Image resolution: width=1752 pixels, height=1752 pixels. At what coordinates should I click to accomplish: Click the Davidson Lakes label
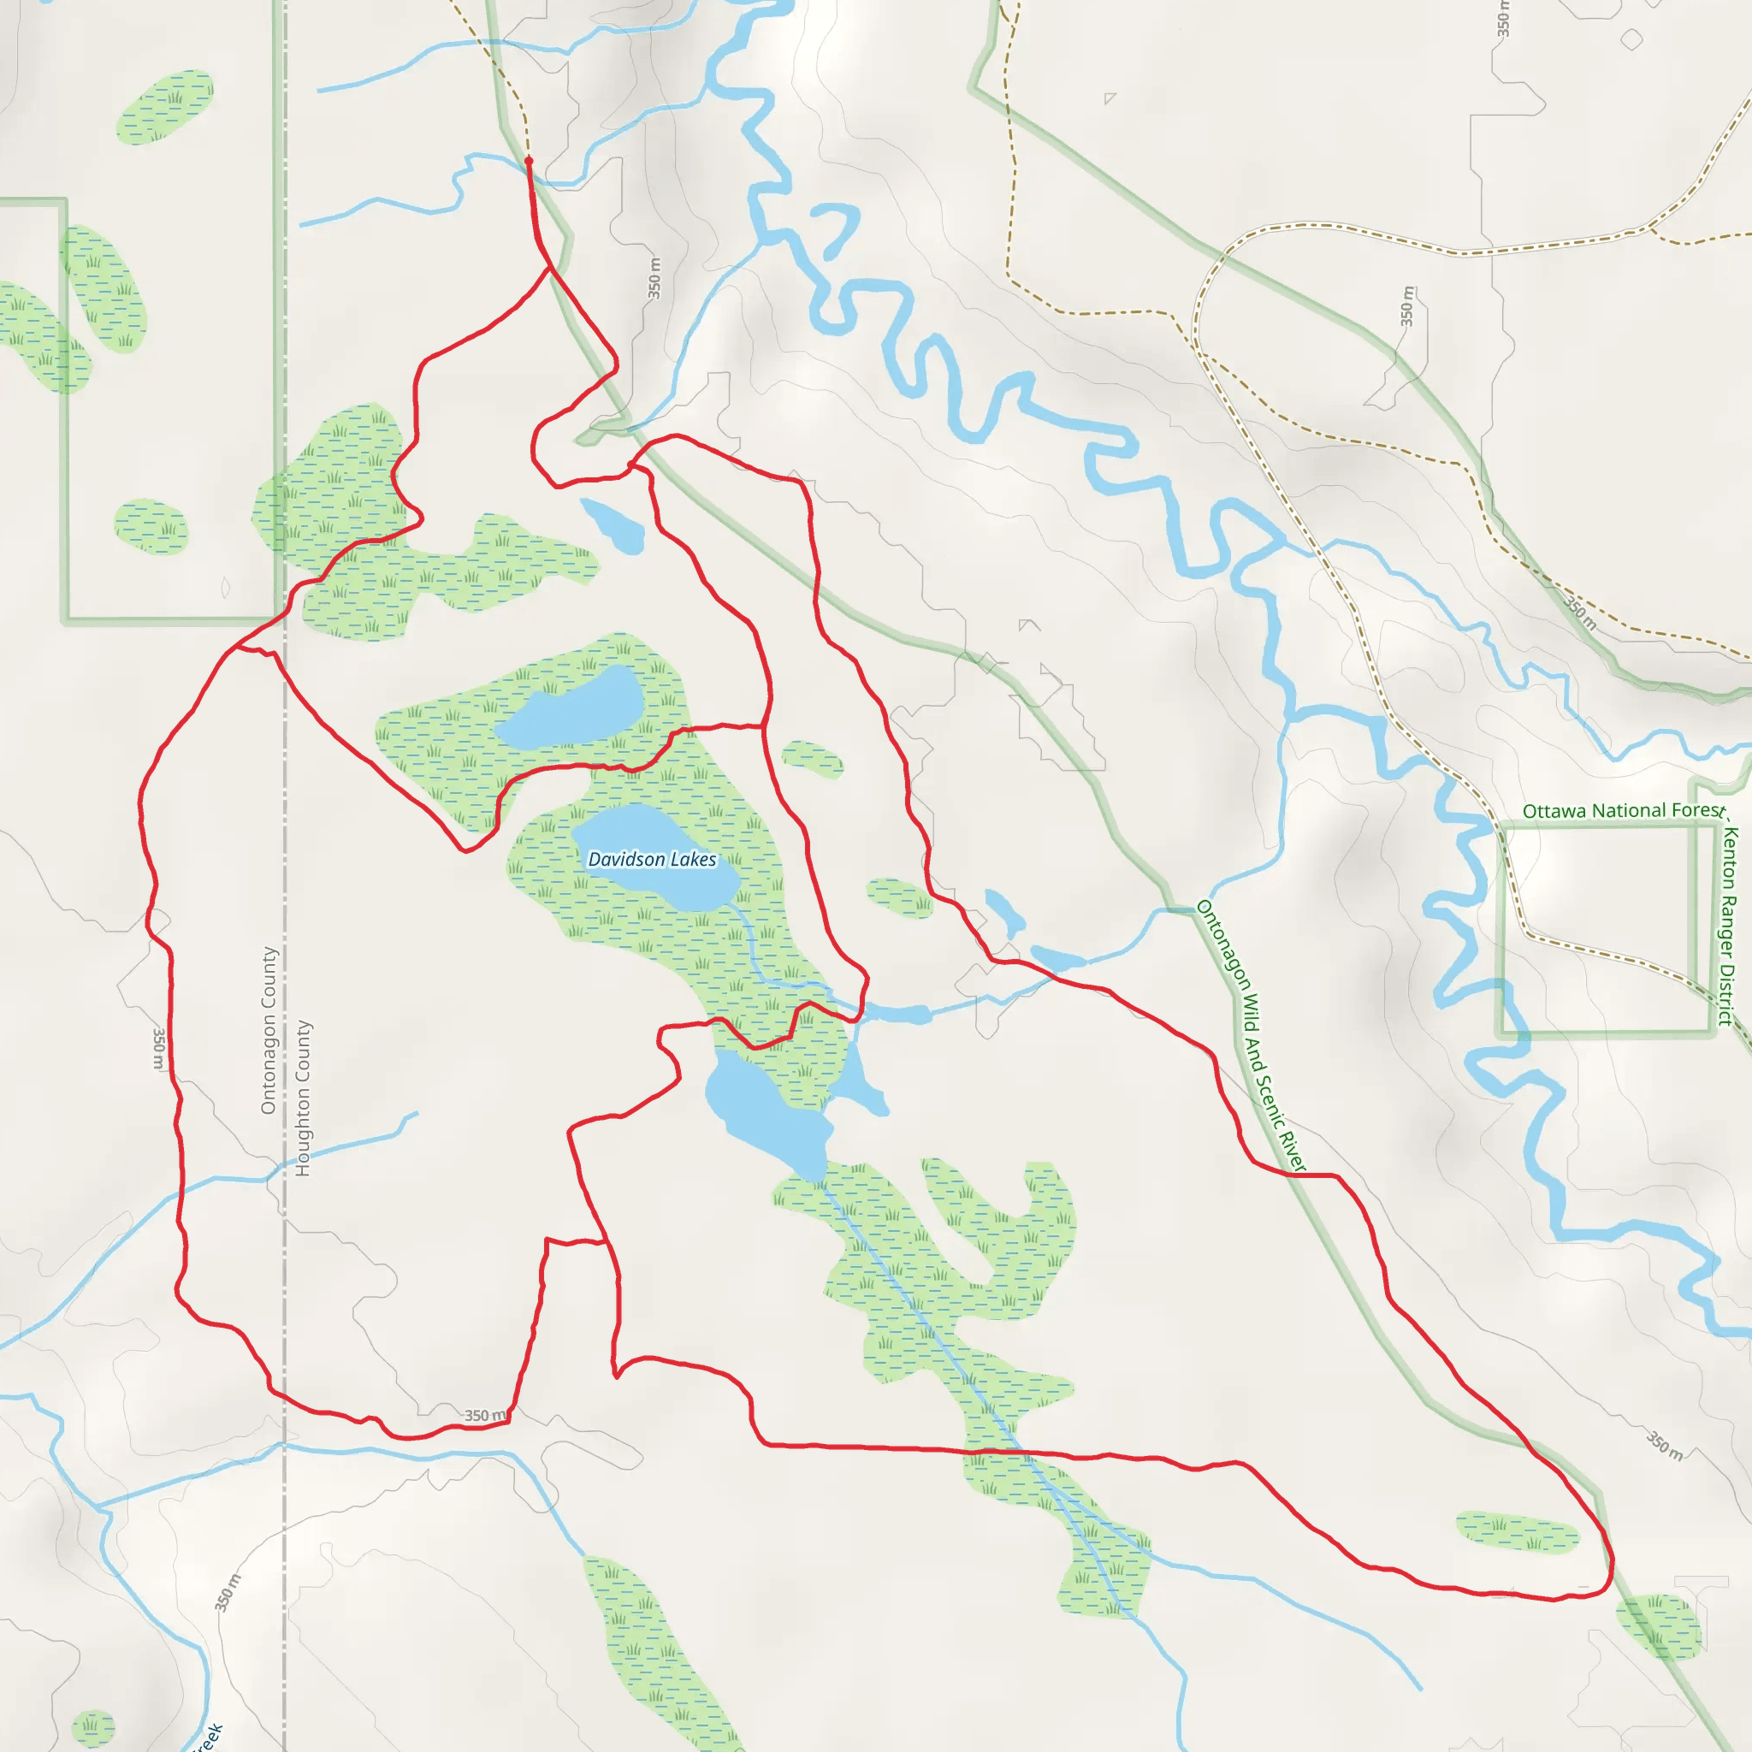(x=652, y=859)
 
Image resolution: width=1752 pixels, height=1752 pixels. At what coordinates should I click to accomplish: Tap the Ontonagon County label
(x=269, y=1030)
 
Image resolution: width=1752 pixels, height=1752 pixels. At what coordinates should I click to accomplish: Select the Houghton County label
(x=303, y=1098)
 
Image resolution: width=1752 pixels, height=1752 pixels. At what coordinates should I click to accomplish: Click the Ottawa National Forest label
(x=1621, y=811)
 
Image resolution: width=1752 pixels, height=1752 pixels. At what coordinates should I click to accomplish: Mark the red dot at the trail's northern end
(x=529, y=161)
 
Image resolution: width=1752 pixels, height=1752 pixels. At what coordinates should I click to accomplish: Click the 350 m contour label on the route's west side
(x=160, y=1049)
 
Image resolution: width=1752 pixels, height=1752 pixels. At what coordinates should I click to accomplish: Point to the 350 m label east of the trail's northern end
(x=654, y=278)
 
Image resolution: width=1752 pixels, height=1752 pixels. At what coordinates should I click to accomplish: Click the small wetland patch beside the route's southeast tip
(x=1517, y=1532)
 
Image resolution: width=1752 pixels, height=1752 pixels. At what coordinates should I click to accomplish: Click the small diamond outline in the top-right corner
(x=1631, y=40)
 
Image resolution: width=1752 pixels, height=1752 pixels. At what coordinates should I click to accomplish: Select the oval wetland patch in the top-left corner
(x=164, y=106)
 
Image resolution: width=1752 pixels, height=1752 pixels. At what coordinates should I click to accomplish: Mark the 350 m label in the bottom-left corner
(x=228, y=1592)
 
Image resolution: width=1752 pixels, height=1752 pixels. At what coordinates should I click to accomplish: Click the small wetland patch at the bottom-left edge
(x=93, y=1727)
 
